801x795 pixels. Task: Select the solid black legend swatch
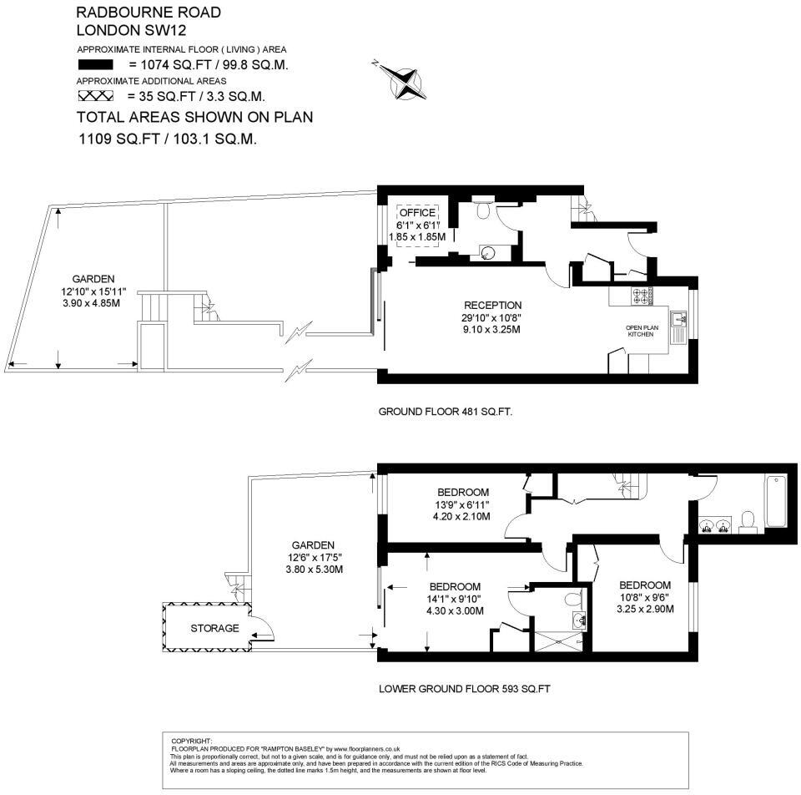click(94, 64)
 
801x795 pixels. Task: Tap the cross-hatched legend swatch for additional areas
click(94, 95)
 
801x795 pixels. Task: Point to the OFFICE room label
click(417, 213)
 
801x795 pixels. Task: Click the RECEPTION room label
click(492, 306)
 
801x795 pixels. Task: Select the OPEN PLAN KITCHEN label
click(642, 331)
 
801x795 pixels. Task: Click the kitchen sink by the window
click(680, 317)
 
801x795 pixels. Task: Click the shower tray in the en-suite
click(559, 641)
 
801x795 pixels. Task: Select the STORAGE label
click(214, 628)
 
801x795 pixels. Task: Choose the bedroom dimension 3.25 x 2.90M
click(645, 609)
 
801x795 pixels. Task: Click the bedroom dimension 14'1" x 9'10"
click(456, 599)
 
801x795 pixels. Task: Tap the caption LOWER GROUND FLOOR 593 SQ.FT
click(465, 690)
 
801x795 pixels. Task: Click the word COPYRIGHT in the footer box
click(192, 741)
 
